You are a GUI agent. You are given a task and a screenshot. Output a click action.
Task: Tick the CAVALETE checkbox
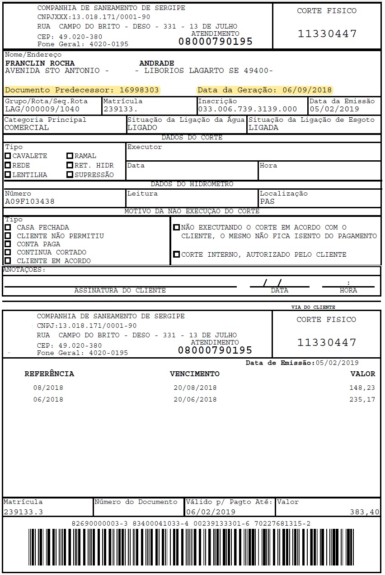click(8, 156)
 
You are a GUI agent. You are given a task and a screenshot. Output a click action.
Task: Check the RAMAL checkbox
click(70, 156)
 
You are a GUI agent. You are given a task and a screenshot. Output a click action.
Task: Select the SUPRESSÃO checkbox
click(70, 175)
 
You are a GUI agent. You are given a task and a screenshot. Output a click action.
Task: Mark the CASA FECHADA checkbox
click(8, 227)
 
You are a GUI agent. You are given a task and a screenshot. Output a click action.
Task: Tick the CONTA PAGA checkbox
click(8, 244)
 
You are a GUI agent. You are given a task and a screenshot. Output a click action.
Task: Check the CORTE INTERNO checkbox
click(176, 254)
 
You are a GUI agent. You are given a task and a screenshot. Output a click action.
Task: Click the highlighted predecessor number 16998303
click(139, 90)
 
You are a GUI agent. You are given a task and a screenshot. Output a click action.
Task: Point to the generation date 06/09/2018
click(307, 90)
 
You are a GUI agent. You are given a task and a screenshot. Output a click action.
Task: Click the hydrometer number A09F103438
click(30, 201)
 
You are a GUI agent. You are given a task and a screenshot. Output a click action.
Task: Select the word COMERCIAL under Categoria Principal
click(26, 128)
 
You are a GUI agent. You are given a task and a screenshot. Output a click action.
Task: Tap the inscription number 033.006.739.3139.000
click(248, 109)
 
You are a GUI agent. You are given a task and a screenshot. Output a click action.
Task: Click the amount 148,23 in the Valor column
click(362, 388)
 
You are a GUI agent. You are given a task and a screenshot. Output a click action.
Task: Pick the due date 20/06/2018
click(195, 400)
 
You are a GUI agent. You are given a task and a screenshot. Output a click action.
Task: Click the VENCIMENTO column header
click(194, 374)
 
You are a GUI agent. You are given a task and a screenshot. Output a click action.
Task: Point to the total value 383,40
click(365, 512)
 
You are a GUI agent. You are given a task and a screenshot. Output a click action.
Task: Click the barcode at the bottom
click(192, 550)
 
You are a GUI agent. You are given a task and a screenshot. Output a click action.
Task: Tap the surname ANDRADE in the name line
click(157, 63)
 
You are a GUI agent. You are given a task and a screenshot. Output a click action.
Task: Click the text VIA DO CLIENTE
click(313, 307)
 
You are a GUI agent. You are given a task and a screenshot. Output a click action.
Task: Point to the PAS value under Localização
click(267, 201)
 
